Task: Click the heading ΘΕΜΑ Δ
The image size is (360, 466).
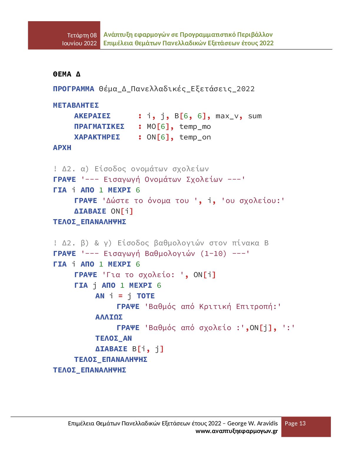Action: [67, 74]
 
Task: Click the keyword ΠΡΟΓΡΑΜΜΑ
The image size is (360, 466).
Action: [74, 89]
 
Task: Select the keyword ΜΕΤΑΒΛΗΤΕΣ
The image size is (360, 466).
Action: [76, 105]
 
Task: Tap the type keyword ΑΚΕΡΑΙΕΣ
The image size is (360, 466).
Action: [92, 116]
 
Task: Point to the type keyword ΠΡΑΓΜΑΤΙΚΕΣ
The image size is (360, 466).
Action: [99, 127]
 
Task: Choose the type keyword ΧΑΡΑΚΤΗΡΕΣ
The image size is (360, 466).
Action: [97, 137]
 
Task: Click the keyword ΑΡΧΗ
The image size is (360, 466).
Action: [62, 148]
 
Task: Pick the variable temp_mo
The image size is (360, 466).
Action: [195, 127]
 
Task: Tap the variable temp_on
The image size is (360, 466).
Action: [195, 137]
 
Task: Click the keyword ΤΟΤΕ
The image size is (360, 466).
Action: [146, 296]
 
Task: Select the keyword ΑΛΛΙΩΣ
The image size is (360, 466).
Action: [109, 317]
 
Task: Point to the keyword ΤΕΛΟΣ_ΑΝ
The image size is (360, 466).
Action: [114, 338]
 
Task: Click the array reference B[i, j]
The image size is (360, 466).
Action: [148, 349]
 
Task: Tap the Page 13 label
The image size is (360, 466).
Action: [295, 423]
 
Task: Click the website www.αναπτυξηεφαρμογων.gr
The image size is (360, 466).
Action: [236, 431]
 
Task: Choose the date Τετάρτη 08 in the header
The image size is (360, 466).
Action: [82, 35]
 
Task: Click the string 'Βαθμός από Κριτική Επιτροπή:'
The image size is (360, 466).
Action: [213, 307]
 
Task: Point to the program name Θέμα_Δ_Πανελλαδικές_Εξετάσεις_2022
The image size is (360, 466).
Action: [177, 89]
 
